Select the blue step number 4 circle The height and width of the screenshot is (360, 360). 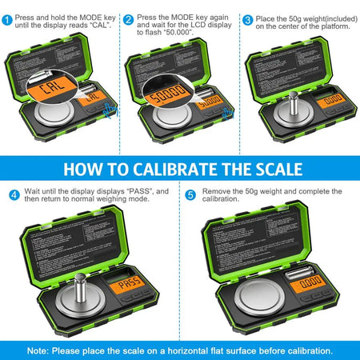[x=14, y=194]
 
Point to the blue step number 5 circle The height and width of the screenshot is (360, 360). [x=190, y=194]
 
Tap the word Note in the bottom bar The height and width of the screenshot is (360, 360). [x=40, y=350]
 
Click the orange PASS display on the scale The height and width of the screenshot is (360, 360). [x=125, y=285]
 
